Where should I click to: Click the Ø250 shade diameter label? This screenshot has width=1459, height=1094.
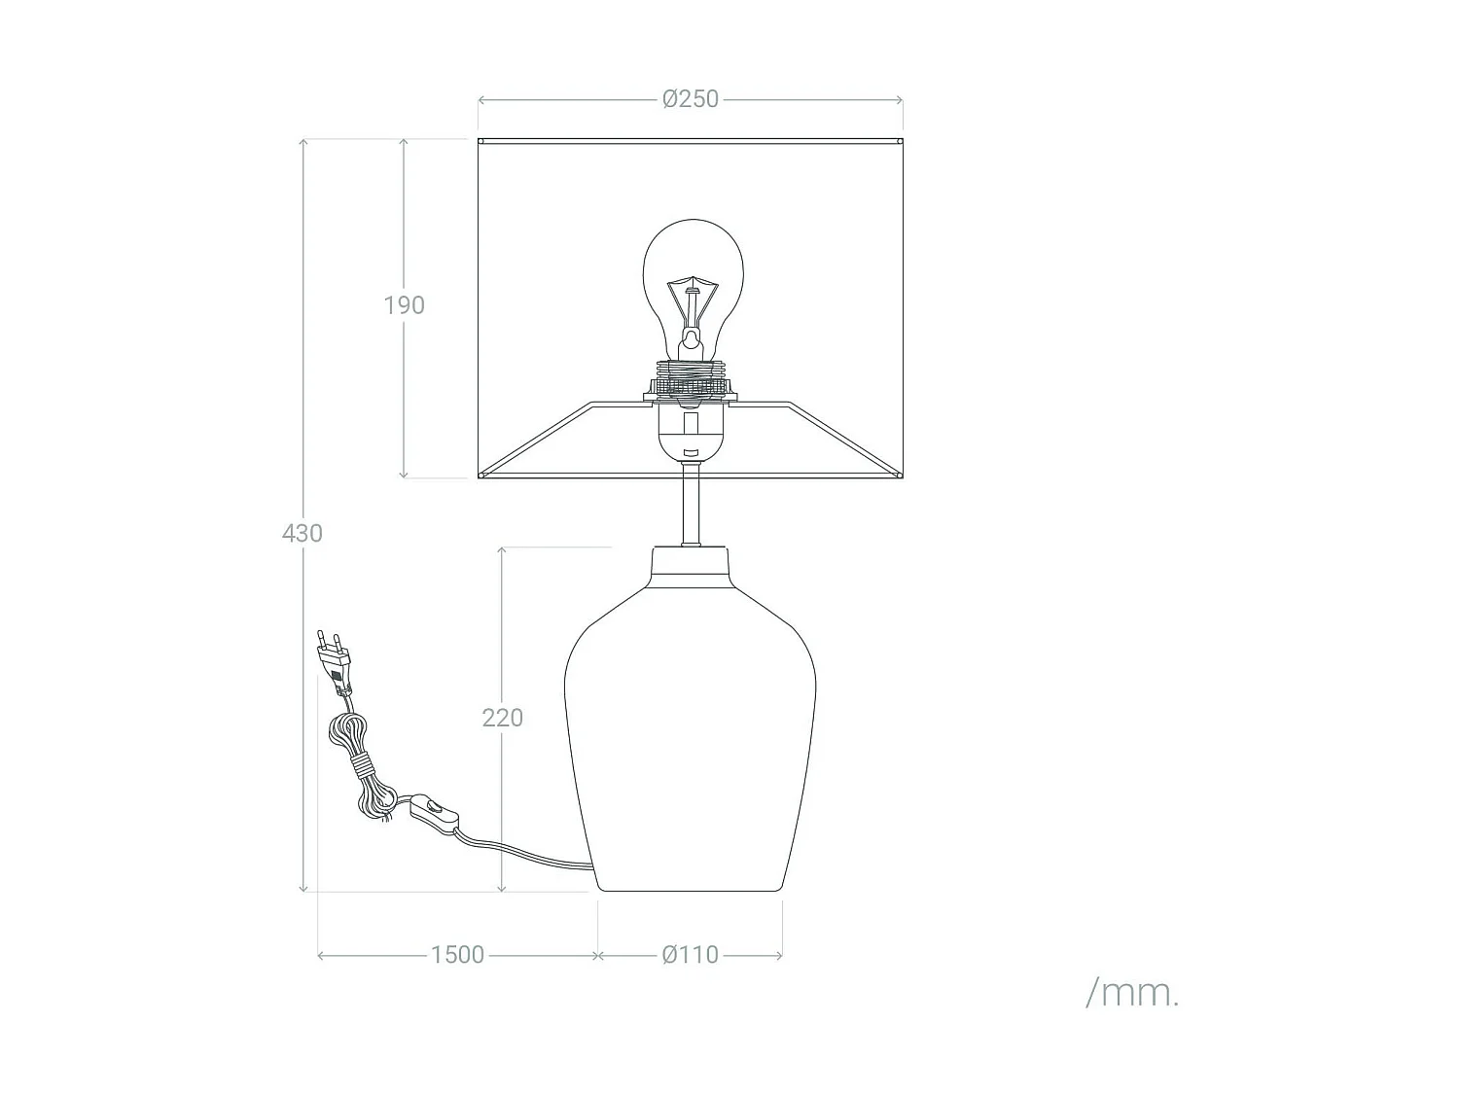click(x=690, y=99)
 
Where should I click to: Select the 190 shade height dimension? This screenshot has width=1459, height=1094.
click(x=404, y=305)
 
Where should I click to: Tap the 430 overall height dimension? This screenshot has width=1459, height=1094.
click(x=302, y=533)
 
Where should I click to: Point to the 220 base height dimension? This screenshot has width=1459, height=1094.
click(x=502, y=718)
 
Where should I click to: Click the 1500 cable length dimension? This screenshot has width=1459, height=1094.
click(x=457, y=955)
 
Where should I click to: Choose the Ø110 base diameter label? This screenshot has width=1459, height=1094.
click(x=690, y=955)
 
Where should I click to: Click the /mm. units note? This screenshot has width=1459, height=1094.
click(x=1132, y=993)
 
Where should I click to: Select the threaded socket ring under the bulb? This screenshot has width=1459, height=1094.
click(x=692, y=374)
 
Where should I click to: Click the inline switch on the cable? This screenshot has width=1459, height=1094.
click(x=434, y=810)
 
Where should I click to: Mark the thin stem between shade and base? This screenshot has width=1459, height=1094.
click(x=691, y=506)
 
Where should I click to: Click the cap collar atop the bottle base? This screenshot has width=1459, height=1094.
click(x=691, y=569)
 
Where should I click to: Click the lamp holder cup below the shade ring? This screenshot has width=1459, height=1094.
click(x=691, y=433)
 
